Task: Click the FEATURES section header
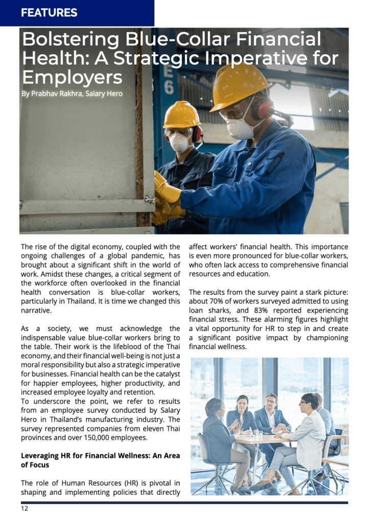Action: [x=49, y=13]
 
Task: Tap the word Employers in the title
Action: [x=72, y=78]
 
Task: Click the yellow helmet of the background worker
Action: [x=181, y=114]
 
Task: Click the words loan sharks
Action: [x=206, y=311]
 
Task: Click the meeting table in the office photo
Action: [x=261, y=440]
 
